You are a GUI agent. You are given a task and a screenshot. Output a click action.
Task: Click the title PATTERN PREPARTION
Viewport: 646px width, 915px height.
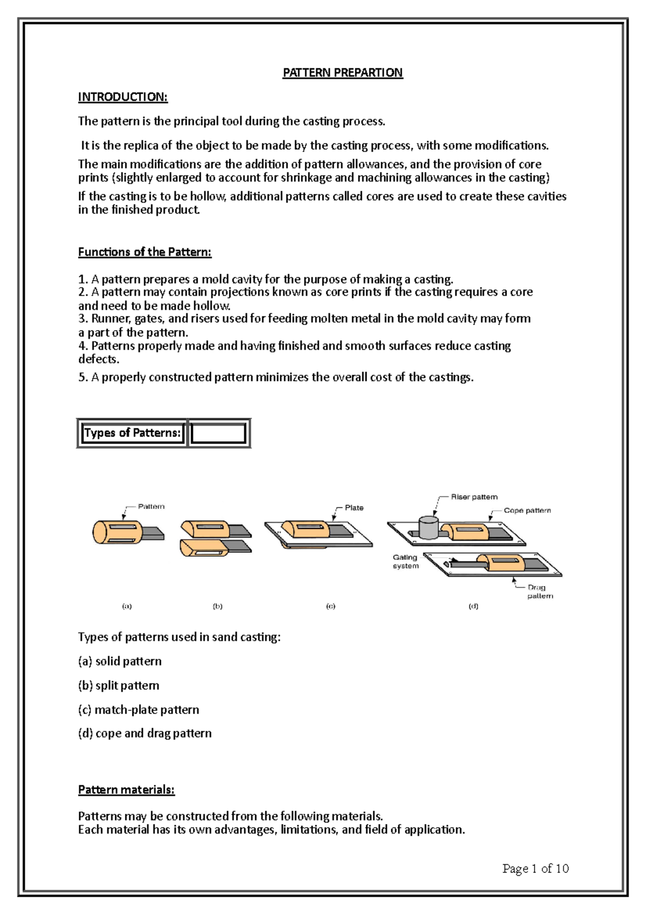[342, 73]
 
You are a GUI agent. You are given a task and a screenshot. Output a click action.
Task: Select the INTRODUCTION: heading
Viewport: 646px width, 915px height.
[123, 97]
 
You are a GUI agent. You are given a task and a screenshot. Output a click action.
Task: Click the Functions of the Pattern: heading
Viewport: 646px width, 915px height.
[145, 252]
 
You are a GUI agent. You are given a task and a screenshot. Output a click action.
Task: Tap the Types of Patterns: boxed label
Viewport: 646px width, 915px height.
[132, 433]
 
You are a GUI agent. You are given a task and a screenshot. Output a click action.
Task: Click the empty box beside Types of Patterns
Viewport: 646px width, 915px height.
[218, 433]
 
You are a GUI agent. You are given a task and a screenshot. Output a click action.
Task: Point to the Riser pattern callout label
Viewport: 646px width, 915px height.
[474, 497]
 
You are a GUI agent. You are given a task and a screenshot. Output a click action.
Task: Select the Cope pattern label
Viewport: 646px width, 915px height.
[527, 510]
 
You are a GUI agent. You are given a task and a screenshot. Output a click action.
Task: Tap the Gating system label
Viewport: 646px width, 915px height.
[405, 562]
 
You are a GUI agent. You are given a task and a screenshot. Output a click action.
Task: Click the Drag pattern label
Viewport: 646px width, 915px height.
[539, 592]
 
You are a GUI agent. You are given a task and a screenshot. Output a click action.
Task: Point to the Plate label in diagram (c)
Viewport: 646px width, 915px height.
[354, 508]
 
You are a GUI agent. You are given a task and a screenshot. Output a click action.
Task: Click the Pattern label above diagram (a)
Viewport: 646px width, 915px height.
[151, 507]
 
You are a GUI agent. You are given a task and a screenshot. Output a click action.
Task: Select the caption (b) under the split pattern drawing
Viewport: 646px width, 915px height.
[217, 606]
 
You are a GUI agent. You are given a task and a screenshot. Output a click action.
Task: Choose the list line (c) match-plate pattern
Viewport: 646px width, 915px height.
[138, 710]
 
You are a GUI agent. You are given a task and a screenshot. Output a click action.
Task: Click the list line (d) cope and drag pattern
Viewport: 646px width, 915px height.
[145, 733]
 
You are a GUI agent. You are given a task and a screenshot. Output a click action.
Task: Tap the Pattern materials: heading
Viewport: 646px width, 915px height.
[126, 790]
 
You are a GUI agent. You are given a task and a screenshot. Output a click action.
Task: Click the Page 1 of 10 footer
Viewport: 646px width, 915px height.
[535, 868]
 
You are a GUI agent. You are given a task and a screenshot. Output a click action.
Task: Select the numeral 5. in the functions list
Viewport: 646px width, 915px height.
[83, 377]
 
